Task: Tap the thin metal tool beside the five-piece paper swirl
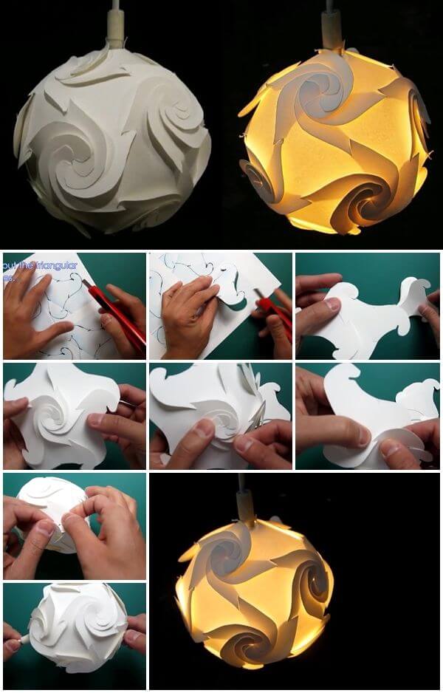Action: click(x=127, y=404)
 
